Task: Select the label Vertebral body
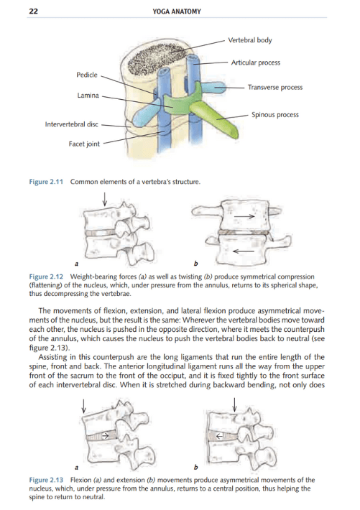click(249, 40)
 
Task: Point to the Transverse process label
click(275, 88)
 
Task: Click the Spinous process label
click(275, 114)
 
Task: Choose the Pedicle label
click(87, 75)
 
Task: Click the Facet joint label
click(84, 144)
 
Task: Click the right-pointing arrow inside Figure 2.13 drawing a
click(105, 435)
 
